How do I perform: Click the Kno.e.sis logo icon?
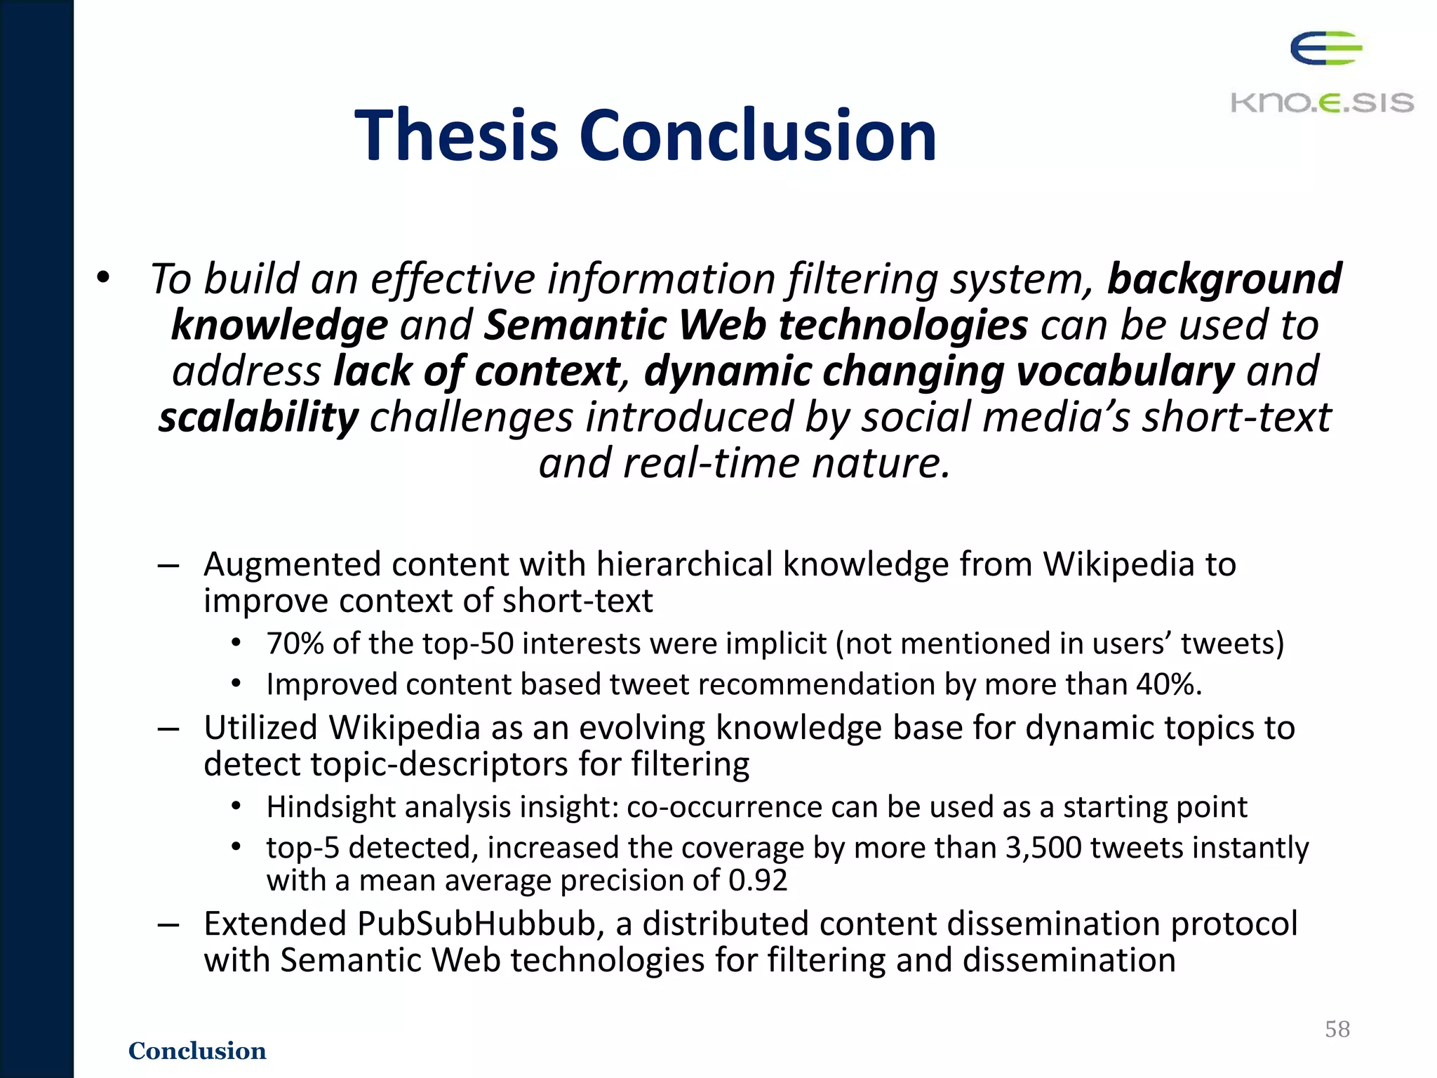pyautogui.click(x=1325, y=48)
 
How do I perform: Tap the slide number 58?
pyautogui.click(x=1337, y=1029)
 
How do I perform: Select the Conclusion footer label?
pyautogui.click(x=197, y=1051)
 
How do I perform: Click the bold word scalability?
pyautogui.click(x=258, y=418)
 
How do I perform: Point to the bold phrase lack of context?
pyautogui.click(x=477, y=371)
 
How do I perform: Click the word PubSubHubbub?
pyautogui.click(x=477, y=924)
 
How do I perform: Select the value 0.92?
pyautogui.click(x=758, y=880)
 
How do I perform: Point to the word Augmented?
pyautogui.click(x=292, y=565)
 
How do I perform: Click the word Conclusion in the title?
pyautogui.click(x=757, y=135)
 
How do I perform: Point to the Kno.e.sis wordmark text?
pyautogui.click(x=1322, y=103)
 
